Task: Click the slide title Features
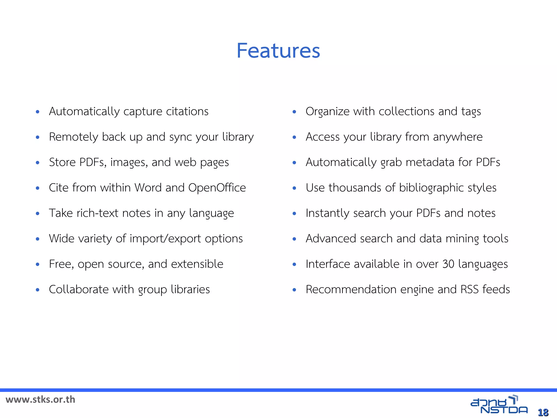point(278,51)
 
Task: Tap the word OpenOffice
point(217,188)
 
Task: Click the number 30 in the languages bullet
point(448,264)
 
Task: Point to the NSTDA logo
point(499,405)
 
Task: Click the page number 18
point(543,412)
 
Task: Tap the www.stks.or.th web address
point(40,399)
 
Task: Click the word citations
point(187,112)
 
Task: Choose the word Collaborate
point(79,289)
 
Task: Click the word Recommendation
point(351,289)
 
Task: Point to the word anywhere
point(458,137)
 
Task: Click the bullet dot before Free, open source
point(38,264)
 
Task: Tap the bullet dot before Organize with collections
point(294,112)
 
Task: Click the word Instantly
point(327,213)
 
